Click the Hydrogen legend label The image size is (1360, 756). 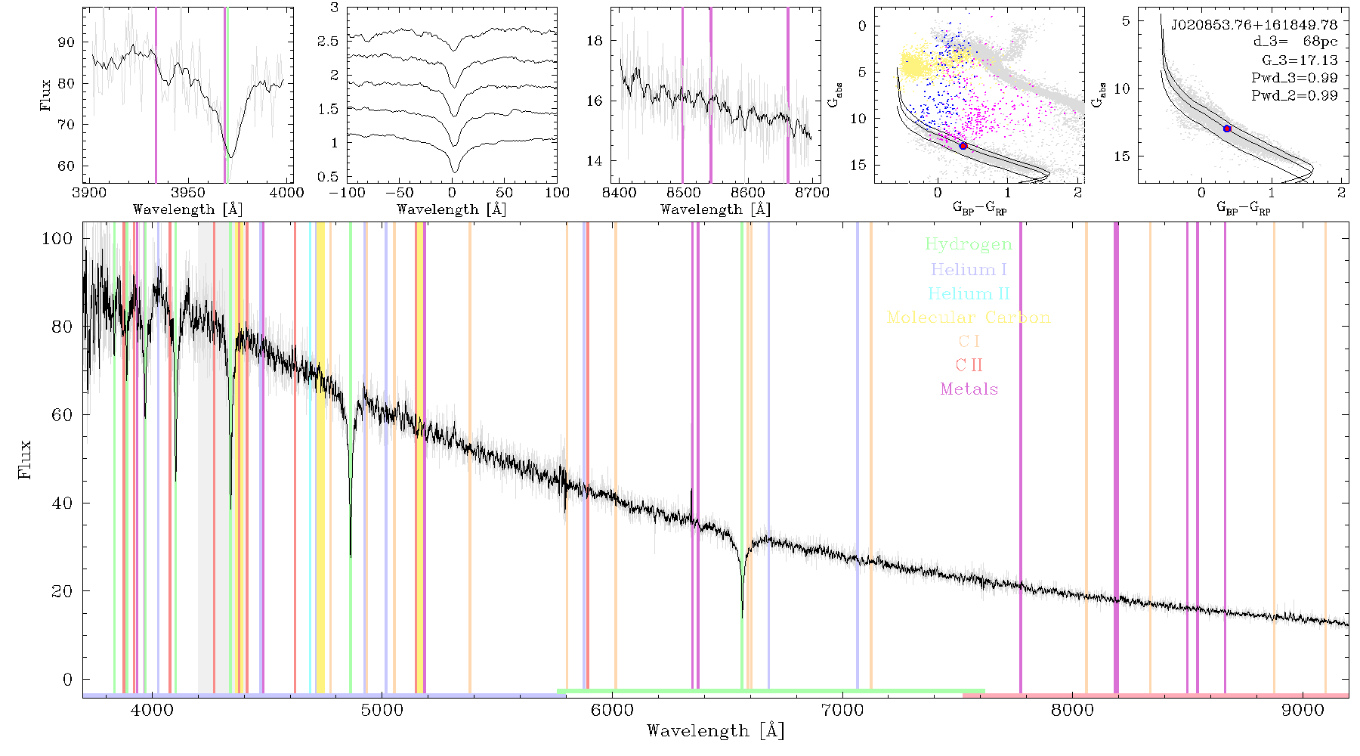click(x=968, y=245)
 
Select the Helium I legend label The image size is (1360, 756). click(x=969, y=269)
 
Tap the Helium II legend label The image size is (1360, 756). click(x=969, y=293)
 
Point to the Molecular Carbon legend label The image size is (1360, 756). click(x=969, y=318)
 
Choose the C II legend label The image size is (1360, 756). click(x=969, y=365)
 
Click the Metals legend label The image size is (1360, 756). click(x=969, y=389)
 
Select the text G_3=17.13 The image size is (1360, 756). click(x=1300, y=60)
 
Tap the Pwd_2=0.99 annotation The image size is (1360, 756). click(x=1294, y=95)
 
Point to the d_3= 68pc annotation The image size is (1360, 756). click(x=1294, y=42)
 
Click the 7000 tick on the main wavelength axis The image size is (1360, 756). click(x=842, y=710)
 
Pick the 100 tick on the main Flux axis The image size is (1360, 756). click(x=57, y=238)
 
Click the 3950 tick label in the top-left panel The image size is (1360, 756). click(x=187, y=192)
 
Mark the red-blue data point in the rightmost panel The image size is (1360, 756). click(x=1227, y=129)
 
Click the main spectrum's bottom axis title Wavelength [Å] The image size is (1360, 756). click(x=716, y=731)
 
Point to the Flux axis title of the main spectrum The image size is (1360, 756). click(x=26, y=459)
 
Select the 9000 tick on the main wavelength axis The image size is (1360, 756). click(x=1302, y=710)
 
